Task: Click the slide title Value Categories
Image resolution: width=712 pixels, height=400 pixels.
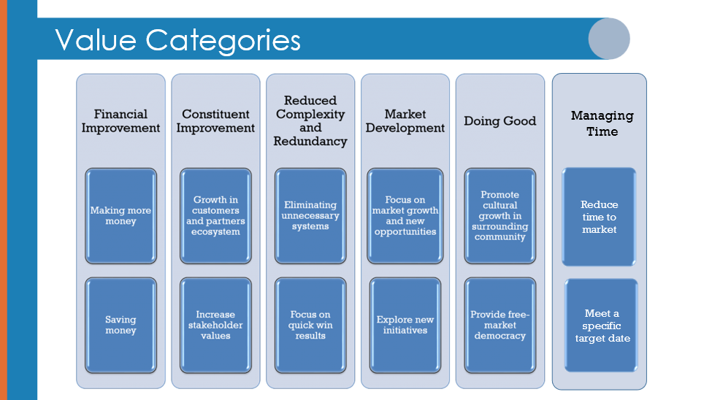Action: (x=177, y=40)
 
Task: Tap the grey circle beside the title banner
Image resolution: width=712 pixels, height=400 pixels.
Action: (x=609, y=39)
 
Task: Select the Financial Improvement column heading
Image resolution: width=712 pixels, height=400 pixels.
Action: (x=120, y=120)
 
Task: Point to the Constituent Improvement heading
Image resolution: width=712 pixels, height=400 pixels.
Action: (x=215, y=120)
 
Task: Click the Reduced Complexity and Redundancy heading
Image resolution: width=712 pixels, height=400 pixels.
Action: (x=310, y=120)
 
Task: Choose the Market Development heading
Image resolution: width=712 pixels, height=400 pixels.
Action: (x=405, y=120)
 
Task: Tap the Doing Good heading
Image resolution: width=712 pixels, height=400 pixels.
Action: (x=500, y=120)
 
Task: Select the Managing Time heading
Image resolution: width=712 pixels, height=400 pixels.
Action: (x=602, y=123)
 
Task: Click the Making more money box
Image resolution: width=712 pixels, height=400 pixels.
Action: (x=120, y=215)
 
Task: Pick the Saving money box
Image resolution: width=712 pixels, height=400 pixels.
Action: (x=120, y=325)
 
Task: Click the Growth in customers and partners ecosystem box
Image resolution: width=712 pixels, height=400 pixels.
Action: (x=215, y=215)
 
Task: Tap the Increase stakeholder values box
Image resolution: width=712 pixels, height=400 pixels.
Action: (x=215, y=325)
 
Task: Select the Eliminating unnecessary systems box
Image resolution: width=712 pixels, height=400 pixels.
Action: (x=310, y=215)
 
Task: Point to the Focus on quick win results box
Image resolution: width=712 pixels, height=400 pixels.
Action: (x=310, y=325)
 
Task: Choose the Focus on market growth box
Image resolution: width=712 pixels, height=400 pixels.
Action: (x=405, y=215)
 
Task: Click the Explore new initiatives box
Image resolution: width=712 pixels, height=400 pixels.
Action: (x=405, y=325)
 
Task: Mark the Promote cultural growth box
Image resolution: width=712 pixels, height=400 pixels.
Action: (x=500, y=215)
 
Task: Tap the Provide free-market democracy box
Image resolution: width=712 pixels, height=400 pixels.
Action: (x=500, y=325)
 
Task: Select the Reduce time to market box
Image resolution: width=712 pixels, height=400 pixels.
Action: (x=599, y=217)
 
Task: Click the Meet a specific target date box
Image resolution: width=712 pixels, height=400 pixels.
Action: (x=601, y=326)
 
